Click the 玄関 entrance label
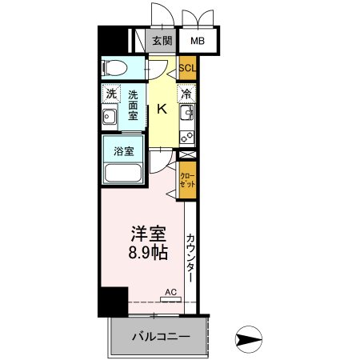pyautogui.click(x=162, y=41)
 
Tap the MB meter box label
pyautogui.click(x=198, y=41)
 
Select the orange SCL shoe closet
pyautogui.click(x=187, y=68)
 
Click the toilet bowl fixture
pyautogui.click(x=114, y=68)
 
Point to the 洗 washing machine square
pyautogui.click(x=111, y=94)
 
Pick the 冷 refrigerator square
pyautogui.click(x=186, y=94)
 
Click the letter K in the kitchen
pyautogui.click(x=162, y=109)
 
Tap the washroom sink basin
pyautogui.click(x=110, y=117)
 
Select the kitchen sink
pyautogui.click(x=187, y=112)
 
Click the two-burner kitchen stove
pyautogui.click(x=187, y=137)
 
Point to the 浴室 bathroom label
pyautogui.click(x=124, y=151)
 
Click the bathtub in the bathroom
pyautogui.click(x=123, y=173)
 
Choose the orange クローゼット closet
pyautogui.click(x=187, y=180)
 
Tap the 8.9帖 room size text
pyautogui.click(x=148, y=253)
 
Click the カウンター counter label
pyautogui.click(x=190, y=258)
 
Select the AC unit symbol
pyautogui.click(x=171, y=299)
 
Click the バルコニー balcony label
pyautogui.click(x=161, y=337)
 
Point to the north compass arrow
pyautogui.click(x=249, y=339)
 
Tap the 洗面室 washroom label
pyautogui.click(x=133, y=106)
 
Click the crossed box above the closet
pyautogui.click(x=187, y=154)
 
